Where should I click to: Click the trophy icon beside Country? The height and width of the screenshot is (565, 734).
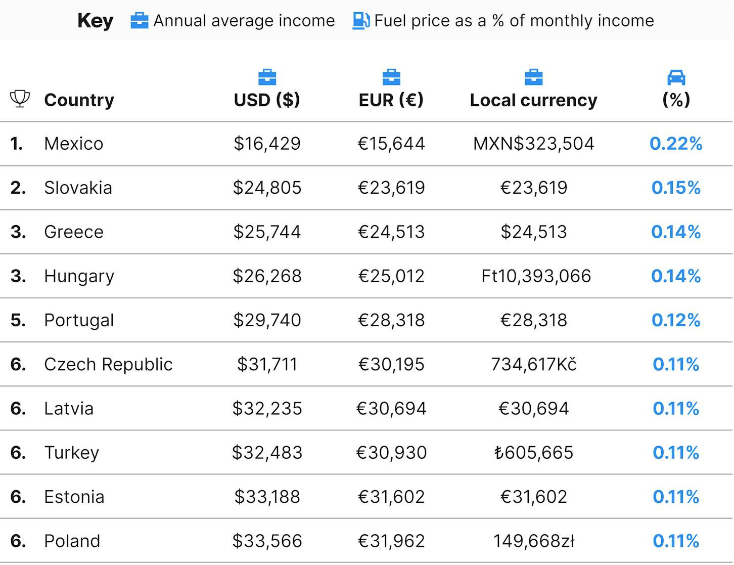[20, 99]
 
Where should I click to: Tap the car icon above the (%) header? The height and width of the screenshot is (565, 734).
[676, 77]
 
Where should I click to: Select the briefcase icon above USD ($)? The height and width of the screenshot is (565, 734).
[267, 77]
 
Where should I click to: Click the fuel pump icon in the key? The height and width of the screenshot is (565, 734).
[361, 21]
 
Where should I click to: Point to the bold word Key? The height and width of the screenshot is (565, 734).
[95, 21]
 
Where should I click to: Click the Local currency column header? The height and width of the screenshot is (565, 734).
[533, 100]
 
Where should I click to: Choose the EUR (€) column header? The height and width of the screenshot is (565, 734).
[391, 100]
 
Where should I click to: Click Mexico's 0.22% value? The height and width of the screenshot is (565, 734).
[676, 144]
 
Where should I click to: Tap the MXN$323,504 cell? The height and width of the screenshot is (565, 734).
[533, 144]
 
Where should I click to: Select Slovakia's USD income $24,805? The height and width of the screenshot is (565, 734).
[267, 188]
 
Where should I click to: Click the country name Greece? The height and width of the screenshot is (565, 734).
[74, 232]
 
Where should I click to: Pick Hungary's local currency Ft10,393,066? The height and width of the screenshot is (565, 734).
[536, 276]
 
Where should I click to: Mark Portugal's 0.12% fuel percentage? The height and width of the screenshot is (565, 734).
[676, 320]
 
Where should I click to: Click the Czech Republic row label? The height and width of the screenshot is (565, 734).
[108, 364]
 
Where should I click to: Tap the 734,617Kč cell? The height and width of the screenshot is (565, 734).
[534, 364]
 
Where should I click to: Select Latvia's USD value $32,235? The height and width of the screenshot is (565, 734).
[267, 408]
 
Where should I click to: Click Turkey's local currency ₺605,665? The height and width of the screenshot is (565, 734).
[534, 453]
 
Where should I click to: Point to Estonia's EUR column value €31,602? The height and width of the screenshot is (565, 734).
[391, 497]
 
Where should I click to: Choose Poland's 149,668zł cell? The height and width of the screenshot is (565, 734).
[534, 541]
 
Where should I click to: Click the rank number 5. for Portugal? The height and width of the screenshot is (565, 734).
[18, 320]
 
